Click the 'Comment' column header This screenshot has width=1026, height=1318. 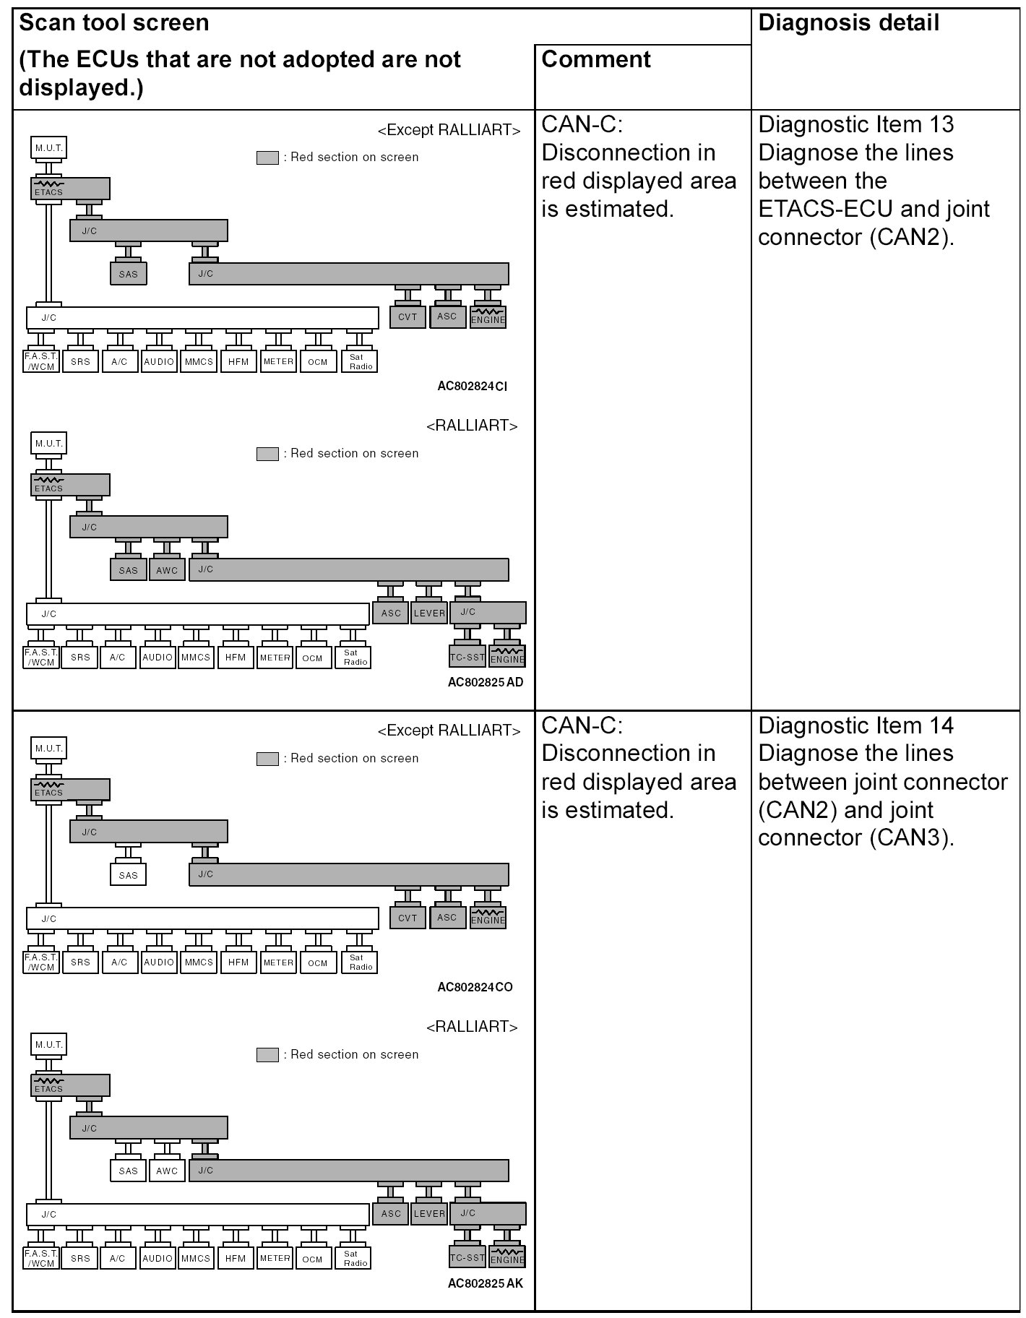pyautogui.click(x=596, y=59)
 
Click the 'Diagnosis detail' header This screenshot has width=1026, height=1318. pyautogui.click(x=848, y=23)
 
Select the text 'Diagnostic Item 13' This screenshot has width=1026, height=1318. pyautogui.click(x=856, y=124)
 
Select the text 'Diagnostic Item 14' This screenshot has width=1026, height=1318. pyautogui.click(x=856, y=725)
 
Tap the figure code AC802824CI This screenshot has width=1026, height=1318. pyautogui.click(x=472, y=386)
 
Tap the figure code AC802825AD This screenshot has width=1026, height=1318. pyautogui.click(x=485, y=682)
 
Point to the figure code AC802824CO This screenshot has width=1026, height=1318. pyautogui.click(x=475, y=987)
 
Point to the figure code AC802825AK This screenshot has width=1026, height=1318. pyautogui.click(x=485, y=1283)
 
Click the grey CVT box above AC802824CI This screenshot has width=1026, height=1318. pyautogui.click(x=408, y=316)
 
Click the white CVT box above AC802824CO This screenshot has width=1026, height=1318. pyautogui.click(x=408, y=918)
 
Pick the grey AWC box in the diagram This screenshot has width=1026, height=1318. pyautogui.click(x=167, y=570)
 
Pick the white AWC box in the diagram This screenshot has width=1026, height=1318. pyautogui.click(x=167, y=1171)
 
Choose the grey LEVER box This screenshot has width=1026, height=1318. pyautogui.click(x=429, y=613)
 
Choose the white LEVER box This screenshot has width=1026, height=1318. pyautogui.click(x=429, y=1213)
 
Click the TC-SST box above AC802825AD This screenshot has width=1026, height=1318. pyautogui.click(x=467, y=657)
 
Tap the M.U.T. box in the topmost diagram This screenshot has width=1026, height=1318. pyautogui.click(x=49, y=148)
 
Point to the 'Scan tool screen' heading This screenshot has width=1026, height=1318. pyautogui.click(x=113, y=23)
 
